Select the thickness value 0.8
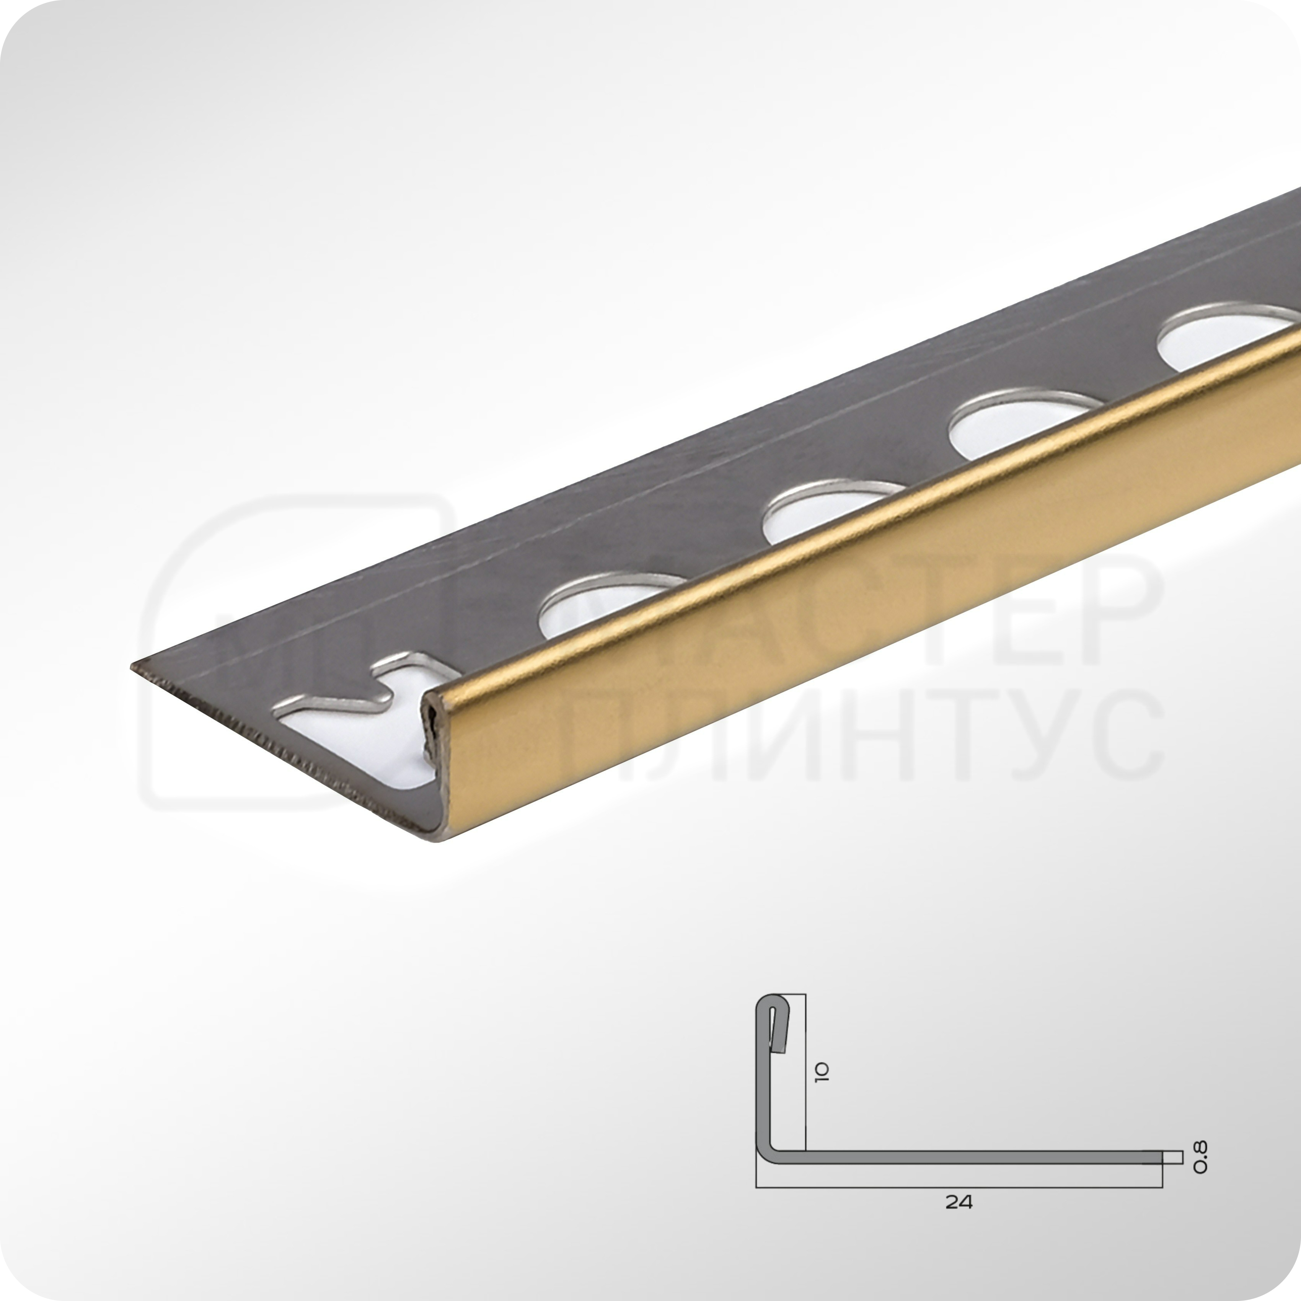click(1199, 1156)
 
